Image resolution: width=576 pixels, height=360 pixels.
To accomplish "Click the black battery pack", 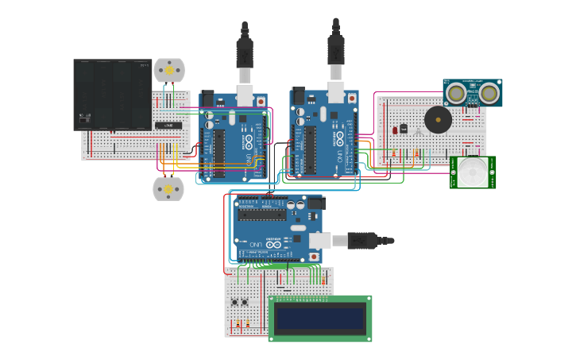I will click(112, 94).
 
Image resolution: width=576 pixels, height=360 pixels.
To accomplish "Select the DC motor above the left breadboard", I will click(168, 70).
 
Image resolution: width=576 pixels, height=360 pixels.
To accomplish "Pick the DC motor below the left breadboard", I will click(168, 189).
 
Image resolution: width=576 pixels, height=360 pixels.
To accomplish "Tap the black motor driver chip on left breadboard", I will click(168, 126).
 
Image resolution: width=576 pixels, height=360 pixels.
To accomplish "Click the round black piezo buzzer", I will click(437, 120).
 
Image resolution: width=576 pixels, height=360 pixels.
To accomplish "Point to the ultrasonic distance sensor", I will click(472, 93).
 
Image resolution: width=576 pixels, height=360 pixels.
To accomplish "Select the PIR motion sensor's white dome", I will click(473, 171).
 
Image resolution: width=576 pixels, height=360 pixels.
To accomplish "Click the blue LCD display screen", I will click(319, 319).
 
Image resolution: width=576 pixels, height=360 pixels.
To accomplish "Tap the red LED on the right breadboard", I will click(395, 130).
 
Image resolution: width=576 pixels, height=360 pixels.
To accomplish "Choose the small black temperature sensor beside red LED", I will click(404, 128).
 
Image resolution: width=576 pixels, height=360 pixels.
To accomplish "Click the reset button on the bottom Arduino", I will click(315, 256).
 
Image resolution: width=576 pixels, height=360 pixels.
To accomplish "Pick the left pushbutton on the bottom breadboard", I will click(235, 302).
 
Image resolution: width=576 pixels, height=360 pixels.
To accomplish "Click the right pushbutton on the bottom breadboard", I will click(245, 302).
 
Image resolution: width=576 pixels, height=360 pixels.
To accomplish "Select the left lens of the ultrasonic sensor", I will click(456, 94).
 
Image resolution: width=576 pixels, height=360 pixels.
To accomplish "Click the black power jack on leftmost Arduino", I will click(209, 100).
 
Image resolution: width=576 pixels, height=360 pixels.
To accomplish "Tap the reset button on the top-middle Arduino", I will click(299, 94).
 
